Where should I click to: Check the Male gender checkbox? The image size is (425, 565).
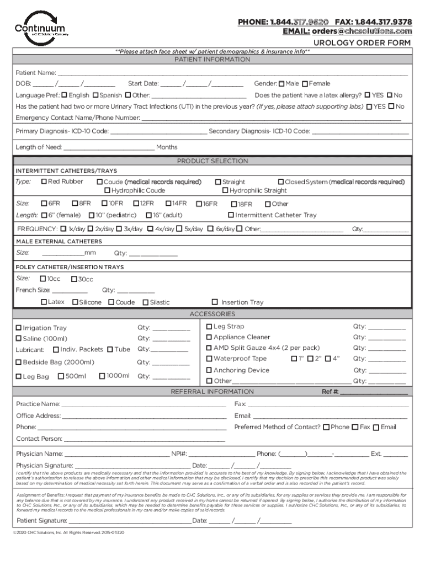coord(281,84)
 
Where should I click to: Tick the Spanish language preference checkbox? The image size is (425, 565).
coord(96,95)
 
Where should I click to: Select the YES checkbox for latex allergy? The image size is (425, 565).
coord(368,95)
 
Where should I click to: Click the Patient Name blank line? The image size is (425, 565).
coord(232,73)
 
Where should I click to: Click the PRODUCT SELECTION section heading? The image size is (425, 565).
coord(212,161)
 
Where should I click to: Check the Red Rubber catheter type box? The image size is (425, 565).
coord(44,182)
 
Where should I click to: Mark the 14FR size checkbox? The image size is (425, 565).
coord(169,204)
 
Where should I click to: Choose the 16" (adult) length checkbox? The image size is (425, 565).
coord(149,215)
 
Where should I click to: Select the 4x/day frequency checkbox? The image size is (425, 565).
coord(150,228)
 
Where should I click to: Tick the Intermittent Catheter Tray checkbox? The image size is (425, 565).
coord(231,215)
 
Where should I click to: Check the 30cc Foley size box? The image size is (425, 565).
coord(73,279)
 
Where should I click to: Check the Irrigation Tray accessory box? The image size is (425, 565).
coord(19,328)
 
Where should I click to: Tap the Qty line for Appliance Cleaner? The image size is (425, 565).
coord(386,338)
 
